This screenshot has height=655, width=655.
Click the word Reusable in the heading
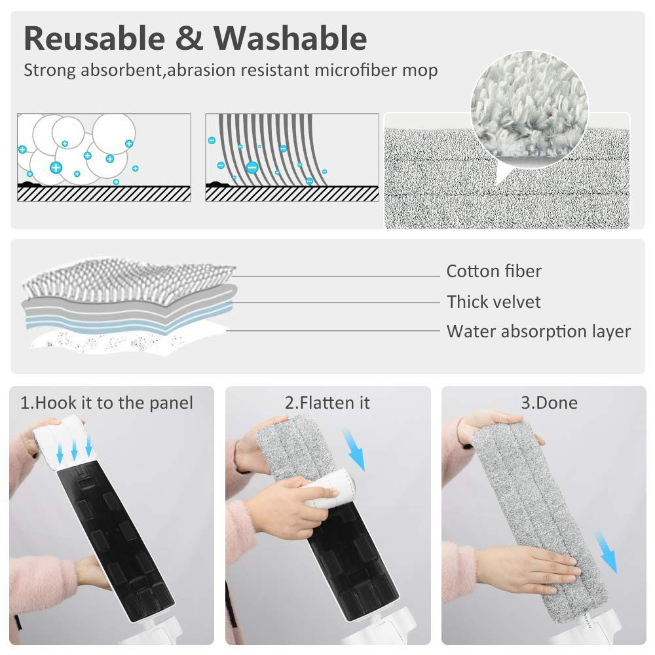tap(95, 39)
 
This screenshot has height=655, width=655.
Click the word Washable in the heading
tap(290, 39)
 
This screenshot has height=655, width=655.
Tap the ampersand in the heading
tap(189, 39)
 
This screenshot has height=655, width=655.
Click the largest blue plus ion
tap(56, 168)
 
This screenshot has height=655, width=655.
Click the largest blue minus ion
tap(252, 168)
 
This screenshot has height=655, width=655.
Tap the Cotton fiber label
tap(494, 271)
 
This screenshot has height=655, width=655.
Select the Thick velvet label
tap(494, 301)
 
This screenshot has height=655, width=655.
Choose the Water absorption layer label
tap(538, 331)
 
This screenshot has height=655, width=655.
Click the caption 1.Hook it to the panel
tap(107, 403)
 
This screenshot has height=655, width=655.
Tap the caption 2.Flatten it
tap(327, 403)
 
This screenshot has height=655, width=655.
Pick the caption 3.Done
tap(550, 403)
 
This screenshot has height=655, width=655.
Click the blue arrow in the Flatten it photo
tap(354, 450)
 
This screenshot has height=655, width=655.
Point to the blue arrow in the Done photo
tap(606, 552)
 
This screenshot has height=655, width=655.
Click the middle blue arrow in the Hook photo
tap(74, 451)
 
